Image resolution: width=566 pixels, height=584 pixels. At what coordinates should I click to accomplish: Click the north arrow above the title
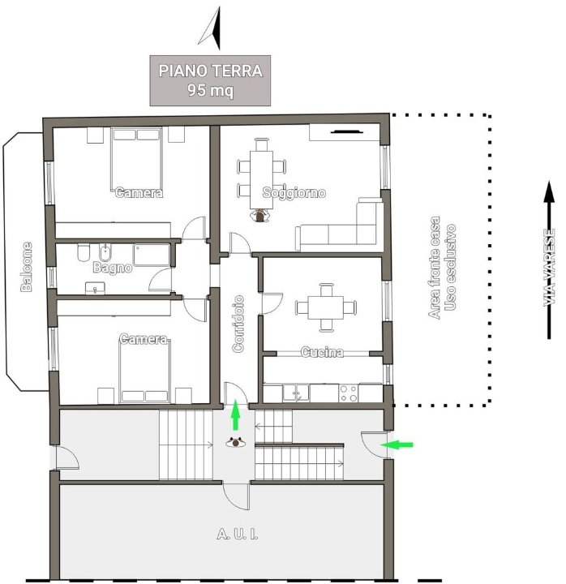pyautogui.click(x=211, y=27)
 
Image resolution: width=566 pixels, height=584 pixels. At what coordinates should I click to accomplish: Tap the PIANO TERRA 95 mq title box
pyautogui.click(x=210, y=80)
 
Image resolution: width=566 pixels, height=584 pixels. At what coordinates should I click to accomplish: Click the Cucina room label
pyautogui.click(x=322, y=353)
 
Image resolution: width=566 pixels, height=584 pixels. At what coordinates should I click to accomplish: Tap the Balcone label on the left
pyautogui.click(x=27, y=266)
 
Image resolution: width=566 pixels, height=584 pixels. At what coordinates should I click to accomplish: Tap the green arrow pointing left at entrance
pyautogui.click(x=397, y=444)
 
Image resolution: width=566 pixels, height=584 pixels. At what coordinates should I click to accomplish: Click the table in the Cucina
pyautogui.click(x=326, y=307)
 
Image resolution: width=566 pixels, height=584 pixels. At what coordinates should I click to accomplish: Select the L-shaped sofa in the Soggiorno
pyautogui.click(x=341, y=230)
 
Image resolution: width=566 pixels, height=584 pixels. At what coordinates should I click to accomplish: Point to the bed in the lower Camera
pyautogui.click(x=146, y=369)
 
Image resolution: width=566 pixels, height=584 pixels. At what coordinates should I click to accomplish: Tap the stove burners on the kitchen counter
pyautogui.click(x=348, y=393)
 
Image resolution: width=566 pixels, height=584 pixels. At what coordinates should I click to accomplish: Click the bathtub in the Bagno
pyautogui.click(x=152, y=254)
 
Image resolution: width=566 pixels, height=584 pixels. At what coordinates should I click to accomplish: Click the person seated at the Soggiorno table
pyautogui.click(x=260, y=216)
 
